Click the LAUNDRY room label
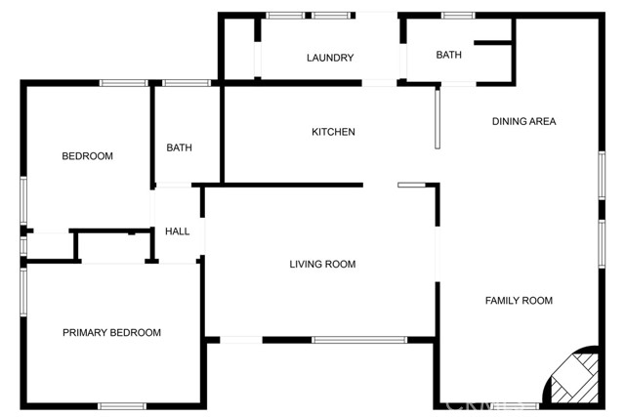click(330, 58)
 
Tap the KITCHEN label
click(333, 132)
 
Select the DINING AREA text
click(523, 122)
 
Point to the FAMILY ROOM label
click(519, 301)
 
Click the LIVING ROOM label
click(322, 264)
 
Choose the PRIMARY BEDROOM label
click(111, 332)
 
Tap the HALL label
click(177, 231)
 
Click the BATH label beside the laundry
click(449, 55)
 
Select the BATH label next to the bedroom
click(179, 147)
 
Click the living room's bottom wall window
click(359, 340)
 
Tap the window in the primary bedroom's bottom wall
click(122, 406)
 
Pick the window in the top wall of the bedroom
click(124, 83)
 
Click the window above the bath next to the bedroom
click(187, 83)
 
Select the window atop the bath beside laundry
click(458, 16)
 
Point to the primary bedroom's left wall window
click(23, 292)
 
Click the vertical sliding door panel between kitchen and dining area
click(437, 119)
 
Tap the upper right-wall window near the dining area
click(602, 176)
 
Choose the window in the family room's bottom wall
click(516, 406)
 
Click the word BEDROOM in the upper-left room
click(87, 156)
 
